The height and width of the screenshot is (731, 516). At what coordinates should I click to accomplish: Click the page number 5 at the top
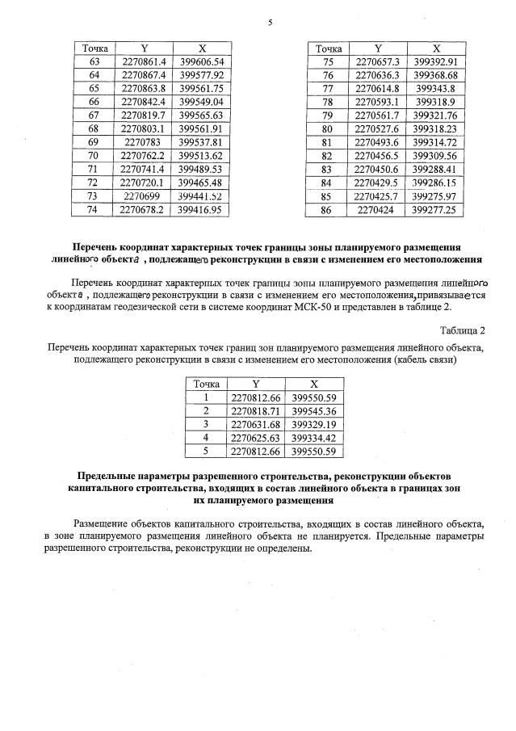(x=270, y=23)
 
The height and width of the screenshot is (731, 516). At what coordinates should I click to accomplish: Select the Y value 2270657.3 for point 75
(x=378, y=61)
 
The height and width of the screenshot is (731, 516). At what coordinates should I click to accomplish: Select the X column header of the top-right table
(x=435, y=48)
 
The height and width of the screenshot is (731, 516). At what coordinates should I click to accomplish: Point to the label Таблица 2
(x=462, y=330)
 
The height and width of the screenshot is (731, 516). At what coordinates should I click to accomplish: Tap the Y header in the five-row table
(x=256, y=384)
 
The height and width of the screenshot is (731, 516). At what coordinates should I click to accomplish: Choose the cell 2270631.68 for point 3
(x=256, y=424)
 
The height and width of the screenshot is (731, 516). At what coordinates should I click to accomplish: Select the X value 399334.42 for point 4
(x=313, y=437)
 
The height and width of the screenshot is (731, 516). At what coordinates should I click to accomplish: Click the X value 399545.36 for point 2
(x=313, y=411)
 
